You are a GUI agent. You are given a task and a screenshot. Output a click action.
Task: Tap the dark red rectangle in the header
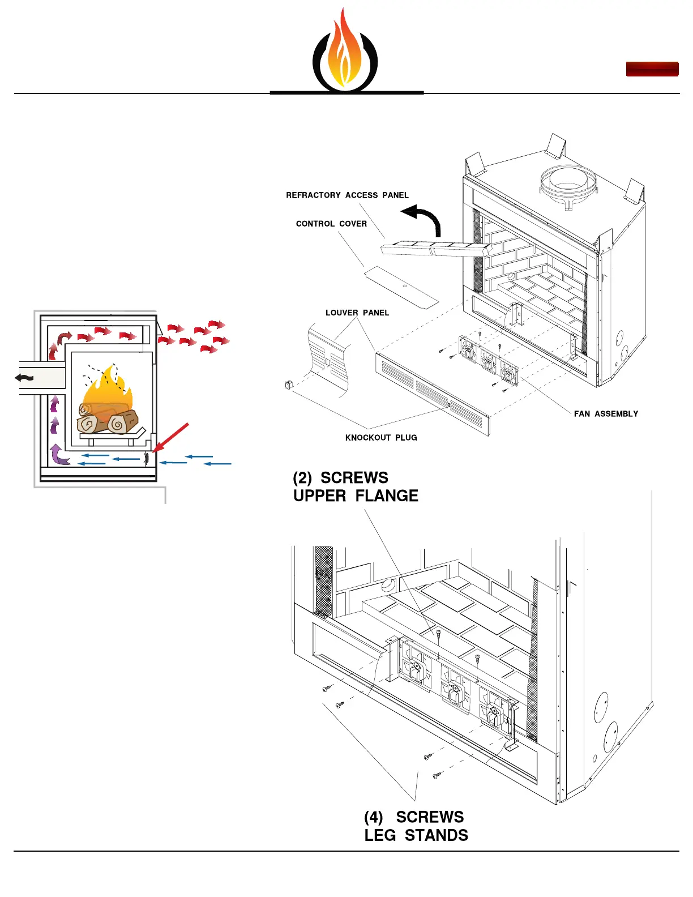click(652, 69)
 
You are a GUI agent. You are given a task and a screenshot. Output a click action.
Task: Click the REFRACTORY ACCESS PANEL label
click(347, 195)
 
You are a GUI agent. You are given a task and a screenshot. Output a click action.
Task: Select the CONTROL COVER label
click(331, 224)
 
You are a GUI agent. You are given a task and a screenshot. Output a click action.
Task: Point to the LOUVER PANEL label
click(357, 313)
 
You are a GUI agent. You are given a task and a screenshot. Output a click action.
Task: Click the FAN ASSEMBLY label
click(606, 414)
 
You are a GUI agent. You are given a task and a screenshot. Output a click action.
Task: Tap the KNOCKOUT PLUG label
click(381, 438)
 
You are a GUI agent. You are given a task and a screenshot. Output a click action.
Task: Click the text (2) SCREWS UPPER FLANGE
click(355, 487)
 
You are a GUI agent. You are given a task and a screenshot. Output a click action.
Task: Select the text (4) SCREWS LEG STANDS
click(416, 826)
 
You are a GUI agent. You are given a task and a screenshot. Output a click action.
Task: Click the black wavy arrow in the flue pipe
click(24, 378)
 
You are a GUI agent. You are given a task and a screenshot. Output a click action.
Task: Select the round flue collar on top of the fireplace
click(568, 182)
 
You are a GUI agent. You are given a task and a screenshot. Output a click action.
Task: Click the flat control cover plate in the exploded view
click(401, 287)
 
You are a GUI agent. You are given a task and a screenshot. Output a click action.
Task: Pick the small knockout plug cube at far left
click(288, 385)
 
